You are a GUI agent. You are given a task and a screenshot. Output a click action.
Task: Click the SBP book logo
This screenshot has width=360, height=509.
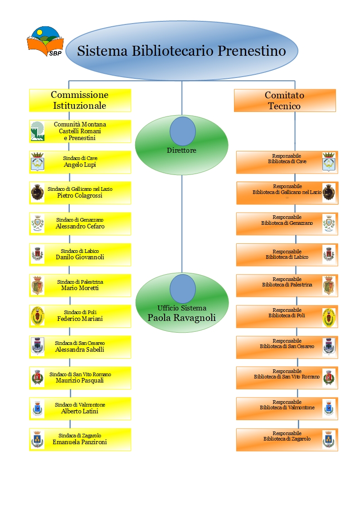point(45,41)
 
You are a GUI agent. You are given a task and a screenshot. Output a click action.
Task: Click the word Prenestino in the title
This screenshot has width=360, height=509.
point(252,51)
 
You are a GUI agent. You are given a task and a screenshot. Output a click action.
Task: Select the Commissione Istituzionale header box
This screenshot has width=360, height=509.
point(80,100)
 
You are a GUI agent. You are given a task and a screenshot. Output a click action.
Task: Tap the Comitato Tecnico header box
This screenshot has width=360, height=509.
point(285,101)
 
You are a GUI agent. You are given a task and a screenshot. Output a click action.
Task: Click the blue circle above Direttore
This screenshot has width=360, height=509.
point(183,131)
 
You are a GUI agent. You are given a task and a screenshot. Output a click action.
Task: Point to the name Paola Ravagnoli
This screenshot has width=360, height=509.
point(182,317)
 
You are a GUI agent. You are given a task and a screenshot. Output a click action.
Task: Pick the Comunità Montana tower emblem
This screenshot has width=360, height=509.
point(37,131)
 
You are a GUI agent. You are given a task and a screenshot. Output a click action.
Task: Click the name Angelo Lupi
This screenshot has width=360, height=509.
point(80,165)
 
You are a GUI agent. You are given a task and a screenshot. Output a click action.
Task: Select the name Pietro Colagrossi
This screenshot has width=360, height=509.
point(80,195)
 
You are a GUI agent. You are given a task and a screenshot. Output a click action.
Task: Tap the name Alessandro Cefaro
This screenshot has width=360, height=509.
point(80,226)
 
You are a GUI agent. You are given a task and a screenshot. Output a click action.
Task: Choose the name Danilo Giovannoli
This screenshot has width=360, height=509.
point(80,257)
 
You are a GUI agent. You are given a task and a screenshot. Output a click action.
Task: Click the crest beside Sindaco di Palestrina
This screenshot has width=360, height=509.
point(37,286)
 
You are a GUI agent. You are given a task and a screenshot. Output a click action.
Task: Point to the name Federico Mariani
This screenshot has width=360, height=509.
point(80,319)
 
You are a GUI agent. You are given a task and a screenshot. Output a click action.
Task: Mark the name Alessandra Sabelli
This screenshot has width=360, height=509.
point(80,349)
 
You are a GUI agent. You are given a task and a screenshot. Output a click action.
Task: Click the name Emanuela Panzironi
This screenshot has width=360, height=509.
point(80,442)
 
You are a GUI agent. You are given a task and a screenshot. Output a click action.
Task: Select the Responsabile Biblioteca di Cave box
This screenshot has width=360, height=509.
point(287,162)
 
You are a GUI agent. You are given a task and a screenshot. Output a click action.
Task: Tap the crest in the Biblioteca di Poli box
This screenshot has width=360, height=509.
point(329,316)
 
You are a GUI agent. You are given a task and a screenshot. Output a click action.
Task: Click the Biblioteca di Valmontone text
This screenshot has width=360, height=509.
point(287,407)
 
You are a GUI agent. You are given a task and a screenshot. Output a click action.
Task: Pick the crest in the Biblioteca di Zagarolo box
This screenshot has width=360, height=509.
point(329,440)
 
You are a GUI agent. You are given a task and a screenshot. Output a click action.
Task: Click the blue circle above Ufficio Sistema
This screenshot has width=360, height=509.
point(183,289)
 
